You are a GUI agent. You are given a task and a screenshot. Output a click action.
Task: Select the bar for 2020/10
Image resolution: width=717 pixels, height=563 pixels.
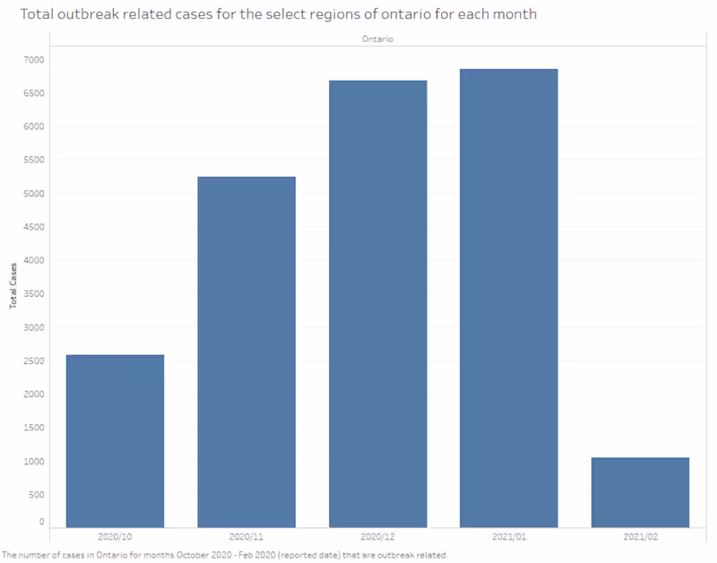(x=115, y=440)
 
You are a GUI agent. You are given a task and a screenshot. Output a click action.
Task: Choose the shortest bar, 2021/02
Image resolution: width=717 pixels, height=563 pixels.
(x=640, y=492)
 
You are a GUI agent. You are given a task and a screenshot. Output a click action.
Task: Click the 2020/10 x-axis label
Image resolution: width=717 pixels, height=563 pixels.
(x=115, y=536)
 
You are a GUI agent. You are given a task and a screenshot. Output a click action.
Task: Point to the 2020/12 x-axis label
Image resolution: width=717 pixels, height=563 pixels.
(x=377, y=536)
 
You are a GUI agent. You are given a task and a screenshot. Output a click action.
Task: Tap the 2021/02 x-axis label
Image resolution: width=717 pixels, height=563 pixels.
(x=640, y=536)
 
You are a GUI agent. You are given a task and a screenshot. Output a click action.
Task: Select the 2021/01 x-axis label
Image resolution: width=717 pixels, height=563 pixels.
(x=509, y=536)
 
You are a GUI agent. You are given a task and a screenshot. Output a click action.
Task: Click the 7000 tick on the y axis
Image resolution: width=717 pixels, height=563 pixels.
(x=35, y=60)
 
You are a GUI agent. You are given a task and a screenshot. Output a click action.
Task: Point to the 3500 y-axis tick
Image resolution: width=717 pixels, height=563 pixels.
(x=35, y=294)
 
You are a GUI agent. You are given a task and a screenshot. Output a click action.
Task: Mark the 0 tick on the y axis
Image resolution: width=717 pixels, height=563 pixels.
(x=41, y=521)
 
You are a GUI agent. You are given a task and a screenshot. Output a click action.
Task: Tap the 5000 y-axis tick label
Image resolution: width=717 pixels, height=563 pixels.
(x=35, y=194)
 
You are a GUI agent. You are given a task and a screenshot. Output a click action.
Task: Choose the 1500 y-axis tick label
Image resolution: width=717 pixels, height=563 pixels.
(x=35, y=428)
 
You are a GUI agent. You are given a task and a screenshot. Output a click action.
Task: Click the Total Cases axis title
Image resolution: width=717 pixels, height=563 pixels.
(x=13, y=286)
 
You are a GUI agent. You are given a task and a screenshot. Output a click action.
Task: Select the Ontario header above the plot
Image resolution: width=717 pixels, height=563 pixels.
(x=378, y=39)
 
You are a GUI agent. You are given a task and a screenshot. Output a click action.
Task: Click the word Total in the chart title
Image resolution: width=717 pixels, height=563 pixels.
(x=35, y=15)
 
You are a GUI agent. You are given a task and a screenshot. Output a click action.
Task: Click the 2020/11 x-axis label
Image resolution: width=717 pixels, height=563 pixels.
(x=246, y=536)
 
